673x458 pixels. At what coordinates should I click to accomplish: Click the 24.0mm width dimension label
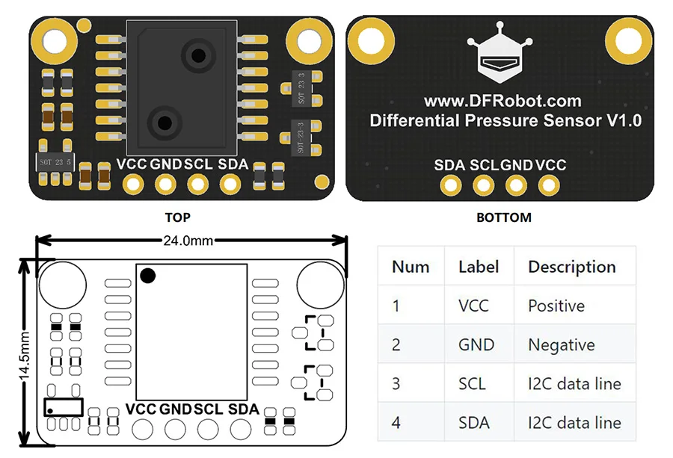pos(188,241)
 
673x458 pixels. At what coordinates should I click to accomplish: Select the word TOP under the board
pos(177,217)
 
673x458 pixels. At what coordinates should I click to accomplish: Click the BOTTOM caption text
pos(504,217)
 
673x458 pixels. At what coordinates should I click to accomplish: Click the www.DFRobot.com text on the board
pos(503,101)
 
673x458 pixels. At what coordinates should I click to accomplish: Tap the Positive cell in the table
pos(556,306)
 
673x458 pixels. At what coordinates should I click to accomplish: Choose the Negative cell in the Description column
pos(562,344)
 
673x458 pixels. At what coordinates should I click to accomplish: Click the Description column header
pos(572,267)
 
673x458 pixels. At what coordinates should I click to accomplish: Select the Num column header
pos(411,267)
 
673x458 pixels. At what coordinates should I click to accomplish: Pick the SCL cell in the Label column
pos(472,384)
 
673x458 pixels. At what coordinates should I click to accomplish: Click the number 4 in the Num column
pos(396,423)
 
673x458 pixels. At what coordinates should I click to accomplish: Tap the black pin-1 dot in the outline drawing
pos(147,275)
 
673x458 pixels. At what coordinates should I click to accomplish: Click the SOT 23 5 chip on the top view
pos(55,162)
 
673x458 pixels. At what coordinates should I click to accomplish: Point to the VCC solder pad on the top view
pos(133,185)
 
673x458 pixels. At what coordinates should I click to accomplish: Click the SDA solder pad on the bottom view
pos(451,186)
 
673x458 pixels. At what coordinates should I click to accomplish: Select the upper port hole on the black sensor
pos(198,55)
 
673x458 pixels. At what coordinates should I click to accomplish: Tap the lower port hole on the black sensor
pos(165,123)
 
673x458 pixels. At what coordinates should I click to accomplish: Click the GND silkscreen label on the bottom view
pos(517,165)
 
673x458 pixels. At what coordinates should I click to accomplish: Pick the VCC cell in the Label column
pos(473,306)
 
